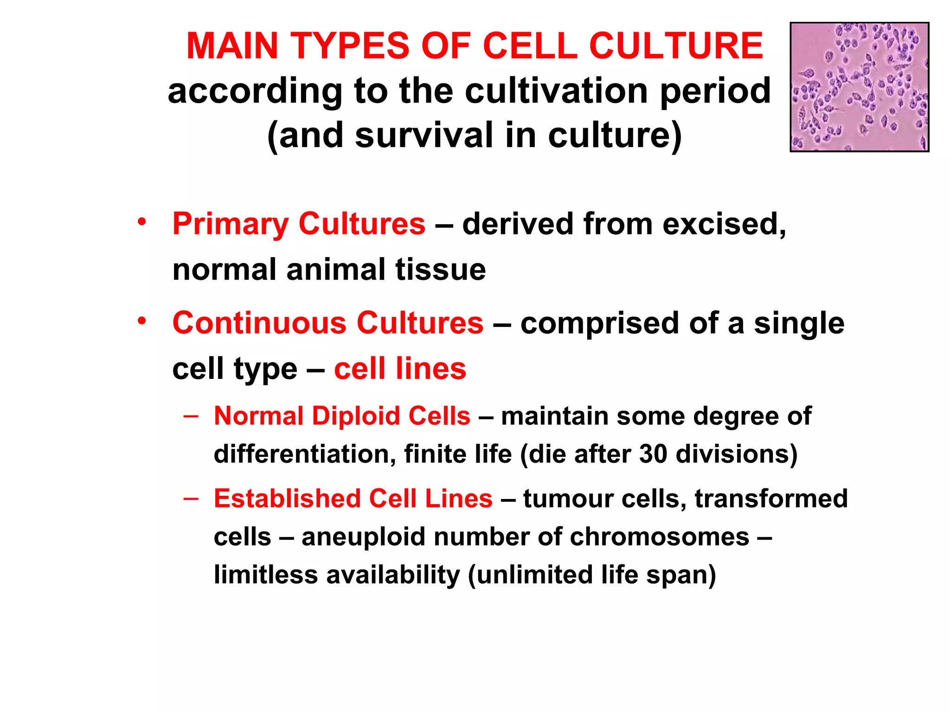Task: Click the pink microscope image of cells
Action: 859,87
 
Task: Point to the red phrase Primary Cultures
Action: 299,224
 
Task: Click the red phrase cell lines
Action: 400,369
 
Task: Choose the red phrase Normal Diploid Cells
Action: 342,415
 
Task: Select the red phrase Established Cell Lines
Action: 353,499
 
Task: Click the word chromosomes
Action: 659,537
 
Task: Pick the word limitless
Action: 266,575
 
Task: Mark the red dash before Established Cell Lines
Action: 191,499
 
